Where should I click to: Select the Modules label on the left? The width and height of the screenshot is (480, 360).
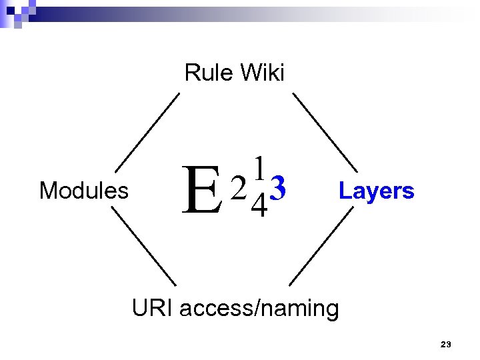[84, 191]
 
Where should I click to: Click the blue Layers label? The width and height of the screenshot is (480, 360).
[376, 191]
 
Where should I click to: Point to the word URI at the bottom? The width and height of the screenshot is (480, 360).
[153, 309]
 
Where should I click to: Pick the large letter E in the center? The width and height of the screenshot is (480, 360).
[203, 191]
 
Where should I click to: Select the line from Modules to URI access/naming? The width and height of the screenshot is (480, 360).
[143, 247]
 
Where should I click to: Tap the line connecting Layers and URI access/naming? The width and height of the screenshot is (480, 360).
[321, 247]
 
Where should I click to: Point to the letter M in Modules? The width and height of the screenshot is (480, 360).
[47, 191]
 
